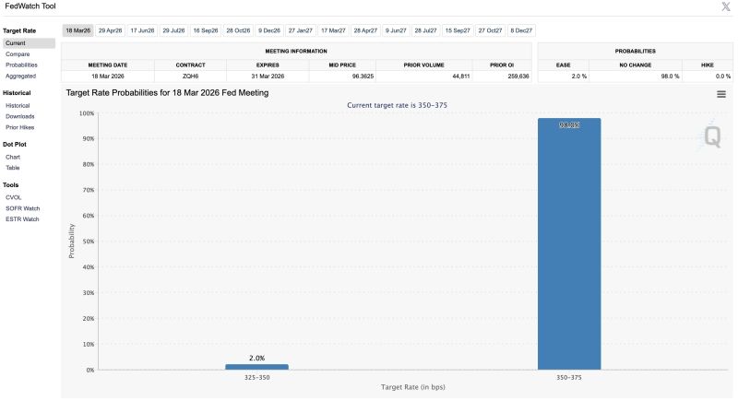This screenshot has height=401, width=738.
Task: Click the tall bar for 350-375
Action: tap(569, 244)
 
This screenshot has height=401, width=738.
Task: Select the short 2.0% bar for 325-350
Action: tap(256, 367)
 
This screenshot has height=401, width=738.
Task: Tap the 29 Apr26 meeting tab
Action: tap(110, 30)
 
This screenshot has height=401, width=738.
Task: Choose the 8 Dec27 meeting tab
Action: tap(521, 30)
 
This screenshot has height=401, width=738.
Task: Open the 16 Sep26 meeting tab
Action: tap(206, 30)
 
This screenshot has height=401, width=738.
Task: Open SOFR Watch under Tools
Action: tap(21, 207)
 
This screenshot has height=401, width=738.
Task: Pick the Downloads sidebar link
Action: tap(19, 116)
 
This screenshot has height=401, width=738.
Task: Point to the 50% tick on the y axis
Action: tap(88, 242)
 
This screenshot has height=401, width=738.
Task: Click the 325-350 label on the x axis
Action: tap(256, 378)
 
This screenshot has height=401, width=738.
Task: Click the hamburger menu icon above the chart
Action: tap(720, 94)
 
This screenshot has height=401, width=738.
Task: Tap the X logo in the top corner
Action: tap(725, 6)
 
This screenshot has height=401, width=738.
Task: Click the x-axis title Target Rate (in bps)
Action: tap(412, 388)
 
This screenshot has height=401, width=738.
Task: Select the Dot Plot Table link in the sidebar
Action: tap(13, 168)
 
